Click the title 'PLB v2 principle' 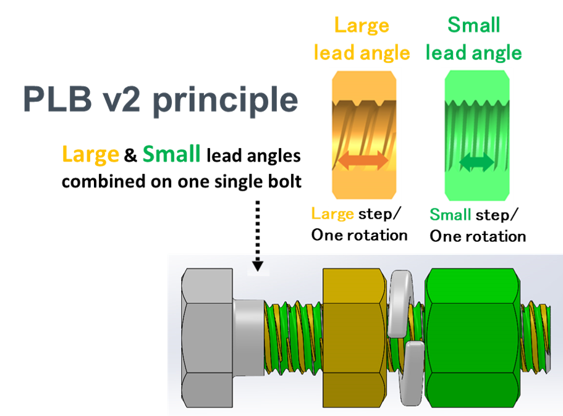click(160, 99)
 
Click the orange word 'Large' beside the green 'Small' click(90, 154)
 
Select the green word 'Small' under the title click(171, 154)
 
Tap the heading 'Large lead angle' click(362, 40)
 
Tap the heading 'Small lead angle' click(474, 40)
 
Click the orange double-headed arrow click(363, 161)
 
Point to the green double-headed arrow click(476, 163)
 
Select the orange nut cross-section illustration click(364, 136)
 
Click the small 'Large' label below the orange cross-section click(332, 214)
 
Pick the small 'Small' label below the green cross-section click(450, 215)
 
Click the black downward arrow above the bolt click(258, 264)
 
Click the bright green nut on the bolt click(472, 338)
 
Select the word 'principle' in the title click(226, 99)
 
